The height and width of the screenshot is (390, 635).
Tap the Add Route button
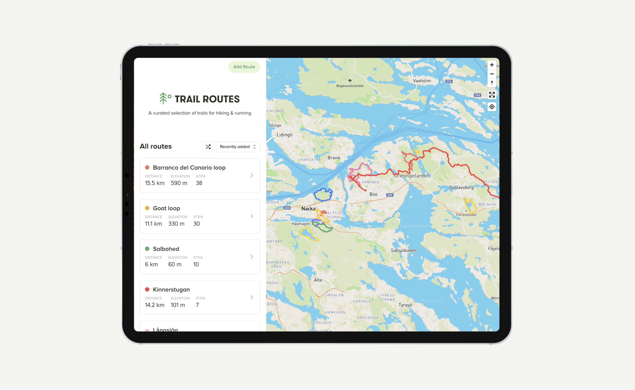(x=244, y=67)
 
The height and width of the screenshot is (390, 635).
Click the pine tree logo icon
(x=163, y=98)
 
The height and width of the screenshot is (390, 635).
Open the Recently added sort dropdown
(x=238, y=147)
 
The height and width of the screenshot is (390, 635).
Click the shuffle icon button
(x=208, y=147)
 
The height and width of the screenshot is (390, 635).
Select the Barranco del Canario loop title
(x=189, y=168)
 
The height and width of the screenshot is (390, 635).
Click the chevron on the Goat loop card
(x=252, y=216)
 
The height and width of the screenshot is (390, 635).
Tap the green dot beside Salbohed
(x=147, y=249)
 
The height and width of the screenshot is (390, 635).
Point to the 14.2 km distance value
(x=155, y=305)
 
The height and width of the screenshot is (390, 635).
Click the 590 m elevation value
(x=179, y=183)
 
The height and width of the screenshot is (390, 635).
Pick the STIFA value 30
(x=196, y=224)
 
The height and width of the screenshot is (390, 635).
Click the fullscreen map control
(x=492, y=95)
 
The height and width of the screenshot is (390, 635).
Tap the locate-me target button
(x=492, y=107)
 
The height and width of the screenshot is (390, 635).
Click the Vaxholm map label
(x=422, y=81)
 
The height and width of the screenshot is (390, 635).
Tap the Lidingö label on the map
(x=284, y=135)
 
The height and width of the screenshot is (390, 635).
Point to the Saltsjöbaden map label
(x=403, y=251)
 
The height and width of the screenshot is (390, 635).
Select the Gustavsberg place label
(x=461, y=188)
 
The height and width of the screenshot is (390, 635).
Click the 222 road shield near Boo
(x=390, y=195)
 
